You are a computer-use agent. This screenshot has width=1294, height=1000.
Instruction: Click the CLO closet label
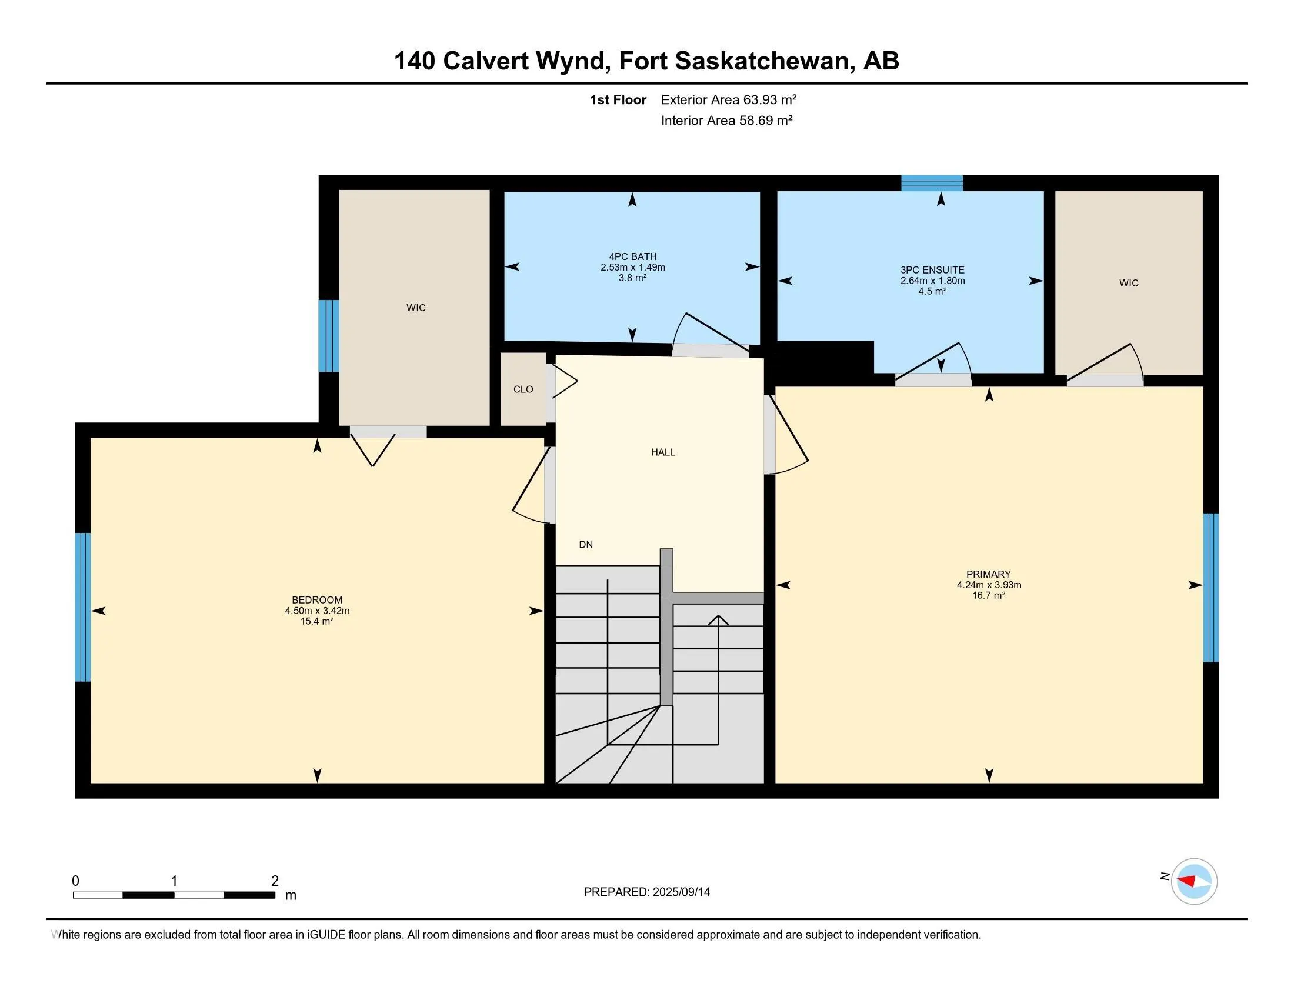pyautogui.click(x=522, y=389)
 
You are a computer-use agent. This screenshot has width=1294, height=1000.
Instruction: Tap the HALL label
pyautogui.click(x=662, y=452)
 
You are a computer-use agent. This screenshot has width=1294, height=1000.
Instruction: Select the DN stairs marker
pyautogui.click(x=585, y=545)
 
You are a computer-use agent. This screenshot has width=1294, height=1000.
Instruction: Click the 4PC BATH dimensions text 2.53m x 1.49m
pyautogui.click(x=632, y=267)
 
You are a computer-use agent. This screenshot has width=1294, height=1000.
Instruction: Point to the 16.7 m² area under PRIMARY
pyautogui.click(x=988, y=595)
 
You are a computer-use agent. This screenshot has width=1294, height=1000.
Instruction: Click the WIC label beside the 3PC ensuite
pyautogui.click(x=1128, y=283)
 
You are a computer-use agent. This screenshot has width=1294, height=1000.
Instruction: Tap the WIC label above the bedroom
pyautogui.click(x=415, y=308)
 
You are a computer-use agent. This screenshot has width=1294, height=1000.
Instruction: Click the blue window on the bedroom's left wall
pyautogui.click(x=83, y=606)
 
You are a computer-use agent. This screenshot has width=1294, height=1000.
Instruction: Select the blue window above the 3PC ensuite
pyautogui.click(x=932, y=183)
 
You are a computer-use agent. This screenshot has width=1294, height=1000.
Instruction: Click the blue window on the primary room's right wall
pyautogui.click(x=1210, y=587)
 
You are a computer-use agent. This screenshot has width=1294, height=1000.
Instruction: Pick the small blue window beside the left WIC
pyautogui.click(x=329, y=335)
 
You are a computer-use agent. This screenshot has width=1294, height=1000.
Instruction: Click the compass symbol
pyautogui.click(x=1193, y=881)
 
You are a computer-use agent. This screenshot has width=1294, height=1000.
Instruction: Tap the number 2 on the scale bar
pyautogui.click(x=274, y=881)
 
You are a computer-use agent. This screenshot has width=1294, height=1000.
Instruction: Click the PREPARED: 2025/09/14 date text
pyautogui.click(x=646, y=892)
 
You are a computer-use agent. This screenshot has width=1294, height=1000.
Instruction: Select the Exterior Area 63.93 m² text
pyautogui.click(x=728, y=99)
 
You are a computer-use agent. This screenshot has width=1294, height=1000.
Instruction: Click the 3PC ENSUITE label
pyautogui.click(x=932, y=270)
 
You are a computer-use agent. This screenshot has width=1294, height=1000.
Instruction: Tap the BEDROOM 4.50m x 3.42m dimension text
pyautogui.click(x=317, y=611)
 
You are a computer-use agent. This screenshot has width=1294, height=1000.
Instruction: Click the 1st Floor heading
pyautogui.click(x=618, y=99)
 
